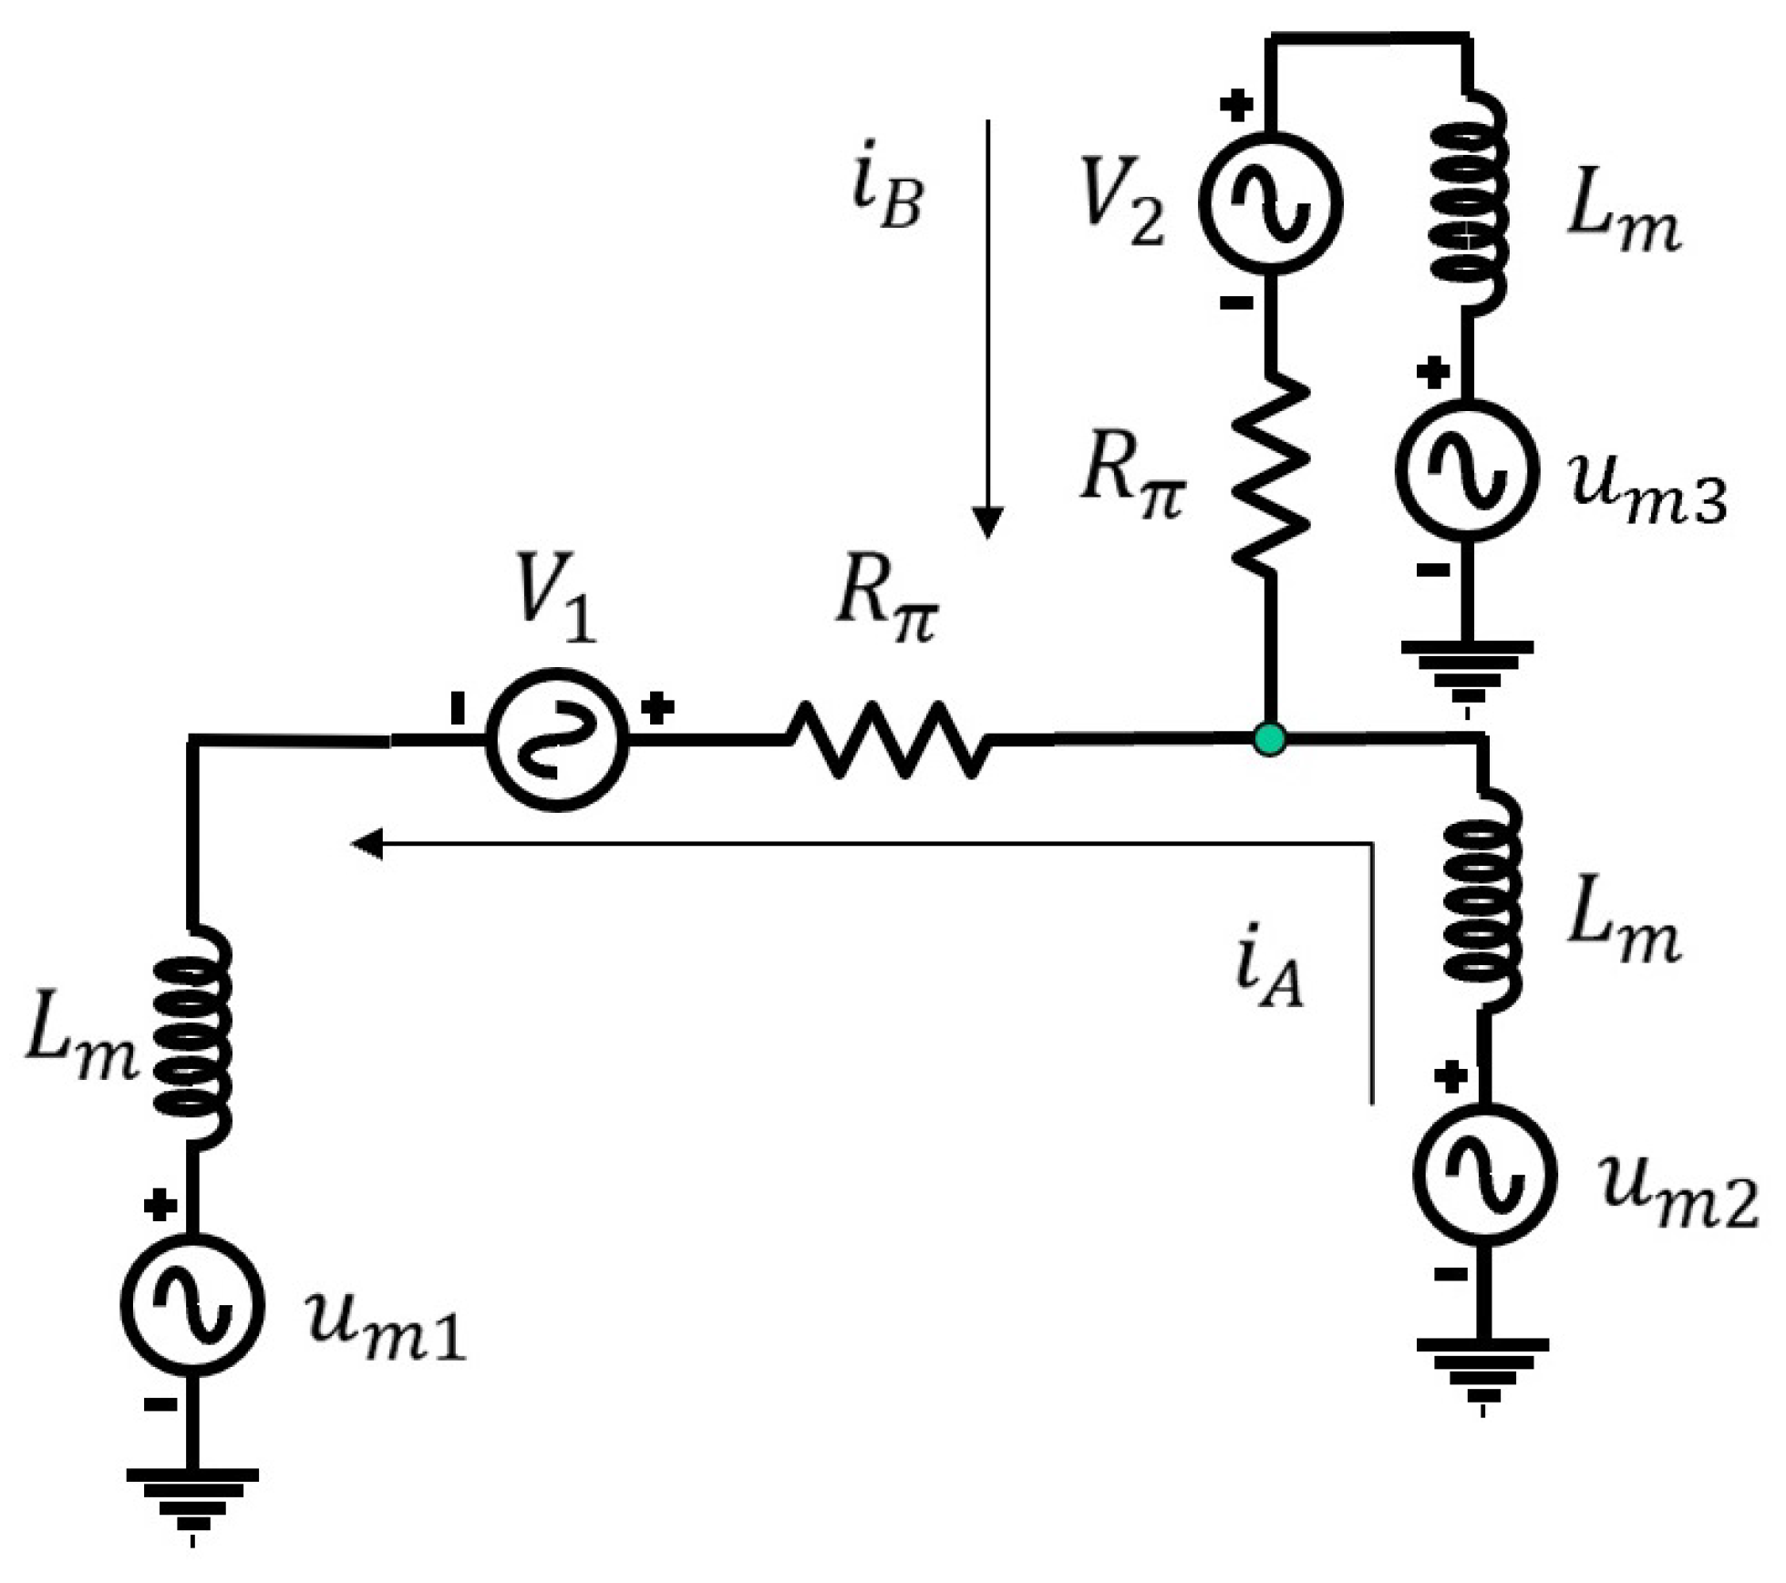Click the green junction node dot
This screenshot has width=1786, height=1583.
coord(1270,738)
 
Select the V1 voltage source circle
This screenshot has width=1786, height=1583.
coord(557,739)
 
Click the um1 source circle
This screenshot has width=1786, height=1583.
coord(192,1305)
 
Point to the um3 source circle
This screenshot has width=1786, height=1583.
coord(1466,470)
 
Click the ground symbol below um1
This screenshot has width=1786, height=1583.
coord(192,1500)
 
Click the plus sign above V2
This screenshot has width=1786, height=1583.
coord(1236,106)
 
